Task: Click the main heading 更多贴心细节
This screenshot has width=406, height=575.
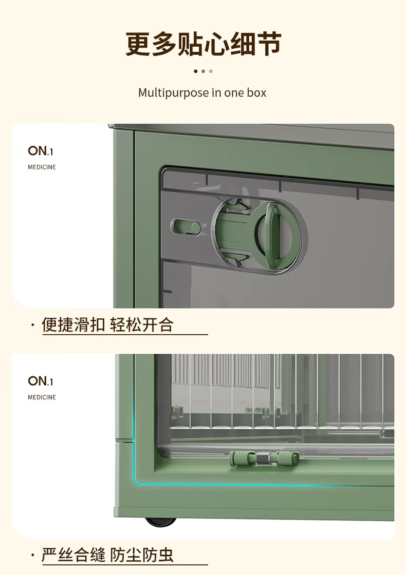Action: (204, 44)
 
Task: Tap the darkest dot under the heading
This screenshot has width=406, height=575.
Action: (196, 71)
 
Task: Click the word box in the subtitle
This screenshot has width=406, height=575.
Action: (256, 92)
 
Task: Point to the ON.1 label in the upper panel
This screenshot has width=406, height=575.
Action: (41, 151)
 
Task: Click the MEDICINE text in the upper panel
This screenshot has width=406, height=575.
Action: (42, 167)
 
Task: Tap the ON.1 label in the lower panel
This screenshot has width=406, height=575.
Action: (41, 381)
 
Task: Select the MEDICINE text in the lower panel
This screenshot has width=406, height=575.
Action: (42, 397)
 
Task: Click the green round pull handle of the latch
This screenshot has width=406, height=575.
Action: (273, 231)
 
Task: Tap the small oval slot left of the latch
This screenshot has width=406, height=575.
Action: (186, 227)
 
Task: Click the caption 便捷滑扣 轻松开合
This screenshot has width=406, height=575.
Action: (107, 325)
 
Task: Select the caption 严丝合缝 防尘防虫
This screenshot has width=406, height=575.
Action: (107, 555)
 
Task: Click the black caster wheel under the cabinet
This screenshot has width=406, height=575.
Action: (161, 522)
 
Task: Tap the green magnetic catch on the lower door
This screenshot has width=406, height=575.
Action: (264, 458)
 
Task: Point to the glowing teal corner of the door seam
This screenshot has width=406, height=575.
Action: (136, 482)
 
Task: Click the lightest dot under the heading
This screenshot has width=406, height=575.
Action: (211, 71)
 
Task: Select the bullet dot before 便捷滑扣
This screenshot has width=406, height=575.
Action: (33, 325)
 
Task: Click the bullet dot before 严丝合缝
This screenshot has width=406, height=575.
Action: (33, 555)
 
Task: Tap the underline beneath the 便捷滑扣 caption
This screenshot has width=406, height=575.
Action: (125, 334)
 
